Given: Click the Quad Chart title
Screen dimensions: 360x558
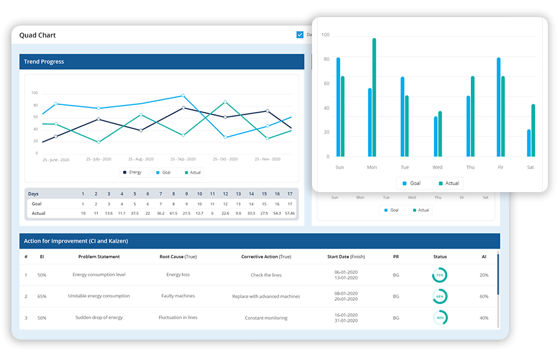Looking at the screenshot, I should point(37,36).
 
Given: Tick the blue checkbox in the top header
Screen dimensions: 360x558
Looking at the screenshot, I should point(300,35).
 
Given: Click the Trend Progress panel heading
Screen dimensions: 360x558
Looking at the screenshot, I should point(44,62).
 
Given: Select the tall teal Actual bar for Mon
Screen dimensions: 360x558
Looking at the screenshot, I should point(374,97).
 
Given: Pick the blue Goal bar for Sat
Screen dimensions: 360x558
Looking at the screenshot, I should point(529,143).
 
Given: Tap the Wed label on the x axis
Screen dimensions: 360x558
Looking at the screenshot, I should point(437,167).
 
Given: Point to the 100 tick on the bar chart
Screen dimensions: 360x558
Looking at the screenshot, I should point(325,35).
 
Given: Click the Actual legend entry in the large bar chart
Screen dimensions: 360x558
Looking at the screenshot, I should point(448,183).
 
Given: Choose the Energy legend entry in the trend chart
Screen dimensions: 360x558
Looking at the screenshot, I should point(132,172).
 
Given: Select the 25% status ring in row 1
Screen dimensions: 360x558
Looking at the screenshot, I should point(439,275).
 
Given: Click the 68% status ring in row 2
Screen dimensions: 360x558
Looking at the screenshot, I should point(439,296).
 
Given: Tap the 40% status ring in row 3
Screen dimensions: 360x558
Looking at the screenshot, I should point(439,317).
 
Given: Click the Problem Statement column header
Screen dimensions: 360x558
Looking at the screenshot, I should point(99,257).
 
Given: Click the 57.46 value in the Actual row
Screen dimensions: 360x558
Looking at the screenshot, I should point(290,213).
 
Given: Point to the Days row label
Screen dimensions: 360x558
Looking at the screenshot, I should point(34,193).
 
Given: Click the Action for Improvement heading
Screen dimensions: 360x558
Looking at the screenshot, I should point(76,241).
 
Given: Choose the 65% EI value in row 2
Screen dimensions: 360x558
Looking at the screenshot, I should point(42,296).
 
